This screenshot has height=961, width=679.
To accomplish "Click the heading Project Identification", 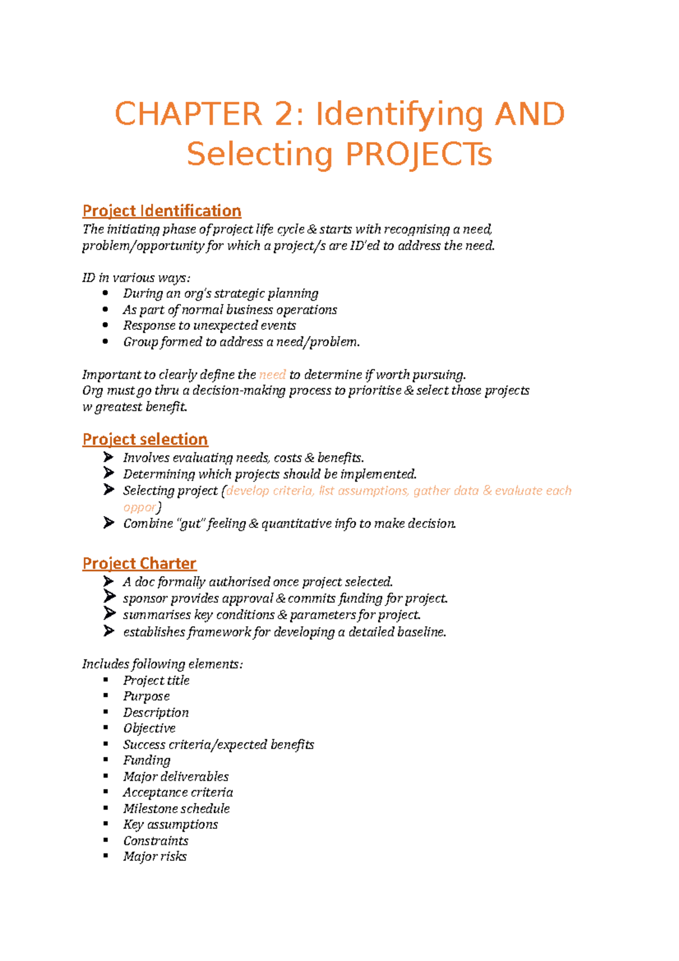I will [162, 211].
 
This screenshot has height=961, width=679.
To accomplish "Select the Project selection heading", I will [145, 440].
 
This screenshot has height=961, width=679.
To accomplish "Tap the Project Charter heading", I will [139, 564].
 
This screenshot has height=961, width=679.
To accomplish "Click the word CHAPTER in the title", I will [188, 114].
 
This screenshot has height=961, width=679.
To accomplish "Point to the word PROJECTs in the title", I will [419, 154].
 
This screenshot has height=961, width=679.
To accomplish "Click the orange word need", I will [272, 375].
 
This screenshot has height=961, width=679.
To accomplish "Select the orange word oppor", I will [139, 507].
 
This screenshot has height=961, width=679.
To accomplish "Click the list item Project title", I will [156, 680].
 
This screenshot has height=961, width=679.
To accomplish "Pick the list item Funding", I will [147, 761].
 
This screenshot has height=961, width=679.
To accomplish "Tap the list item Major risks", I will [154, 857].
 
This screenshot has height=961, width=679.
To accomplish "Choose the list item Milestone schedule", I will [176, 809].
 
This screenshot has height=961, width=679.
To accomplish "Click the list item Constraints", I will [156, 841].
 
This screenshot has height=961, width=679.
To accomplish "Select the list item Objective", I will [149, 728].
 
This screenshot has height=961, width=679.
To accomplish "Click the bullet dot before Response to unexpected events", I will [105, 325].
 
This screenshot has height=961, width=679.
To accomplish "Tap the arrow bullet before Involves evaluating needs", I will [109, 457].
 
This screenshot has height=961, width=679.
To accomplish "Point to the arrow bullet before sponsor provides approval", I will [109, 598].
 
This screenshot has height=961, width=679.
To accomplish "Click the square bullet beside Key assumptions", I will [105, 824].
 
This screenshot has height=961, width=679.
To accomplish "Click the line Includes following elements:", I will [162, 664].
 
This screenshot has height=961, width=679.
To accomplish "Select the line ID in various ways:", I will [136, 278].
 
